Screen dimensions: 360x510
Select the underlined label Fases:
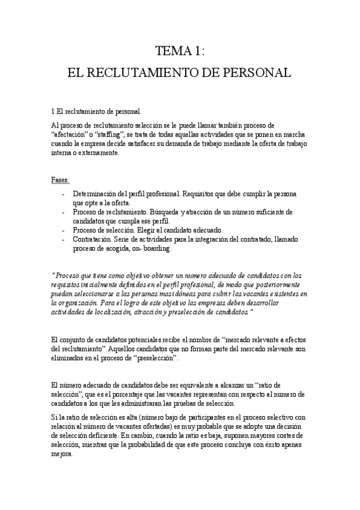coord(61,180)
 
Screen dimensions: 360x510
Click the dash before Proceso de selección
coord(64,230)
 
